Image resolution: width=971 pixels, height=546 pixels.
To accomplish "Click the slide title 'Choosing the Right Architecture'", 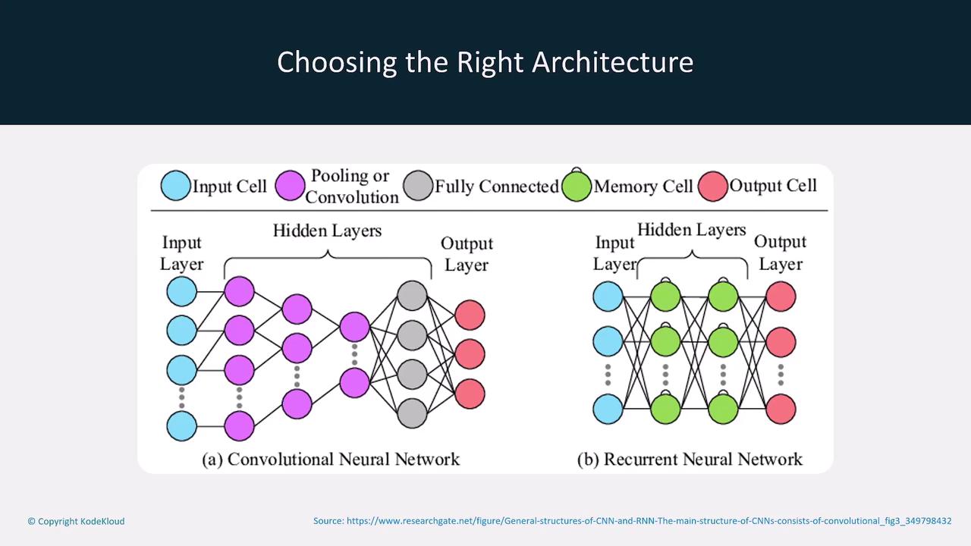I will (x=485, y=62).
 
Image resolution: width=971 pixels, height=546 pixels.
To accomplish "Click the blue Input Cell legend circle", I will (x=176, y=186).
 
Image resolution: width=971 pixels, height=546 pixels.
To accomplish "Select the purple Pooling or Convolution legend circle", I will (x=290, y=186).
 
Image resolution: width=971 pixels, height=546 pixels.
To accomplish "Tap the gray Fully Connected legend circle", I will (x=418, y=186).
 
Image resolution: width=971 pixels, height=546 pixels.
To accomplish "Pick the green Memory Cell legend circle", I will (x=577, y=187).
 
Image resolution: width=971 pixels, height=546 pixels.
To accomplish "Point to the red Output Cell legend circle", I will (x=713, y=186).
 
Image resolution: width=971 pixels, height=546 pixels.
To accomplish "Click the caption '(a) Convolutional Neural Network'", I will (x=331, y=459).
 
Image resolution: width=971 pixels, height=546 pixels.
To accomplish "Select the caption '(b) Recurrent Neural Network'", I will (x=690, y=459).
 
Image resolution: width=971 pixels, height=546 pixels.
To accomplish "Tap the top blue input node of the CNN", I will (x=181, y=291).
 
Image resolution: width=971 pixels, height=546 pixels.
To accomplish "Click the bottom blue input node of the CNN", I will (x=181, y=426).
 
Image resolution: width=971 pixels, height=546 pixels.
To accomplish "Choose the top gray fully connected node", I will (x=412, y=296).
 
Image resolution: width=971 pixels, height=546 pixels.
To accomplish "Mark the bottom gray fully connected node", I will (x=412, y=413).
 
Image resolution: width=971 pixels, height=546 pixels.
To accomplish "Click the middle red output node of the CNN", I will (x=470, y=354).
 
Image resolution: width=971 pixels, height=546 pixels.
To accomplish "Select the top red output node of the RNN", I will (x=781, y=297).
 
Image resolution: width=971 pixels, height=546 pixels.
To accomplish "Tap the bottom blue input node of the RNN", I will (x=608, y=409).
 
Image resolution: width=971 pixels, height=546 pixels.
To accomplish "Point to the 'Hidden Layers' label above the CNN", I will (x=327, y=231).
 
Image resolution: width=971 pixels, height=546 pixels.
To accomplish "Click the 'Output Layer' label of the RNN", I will (x=781, y=253).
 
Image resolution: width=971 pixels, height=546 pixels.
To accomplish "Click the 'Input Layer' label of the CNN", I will (x=181, y=253).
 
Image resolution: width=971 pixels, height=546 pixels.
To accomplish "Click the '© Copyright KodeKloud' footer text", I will (x=76, y=521).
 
